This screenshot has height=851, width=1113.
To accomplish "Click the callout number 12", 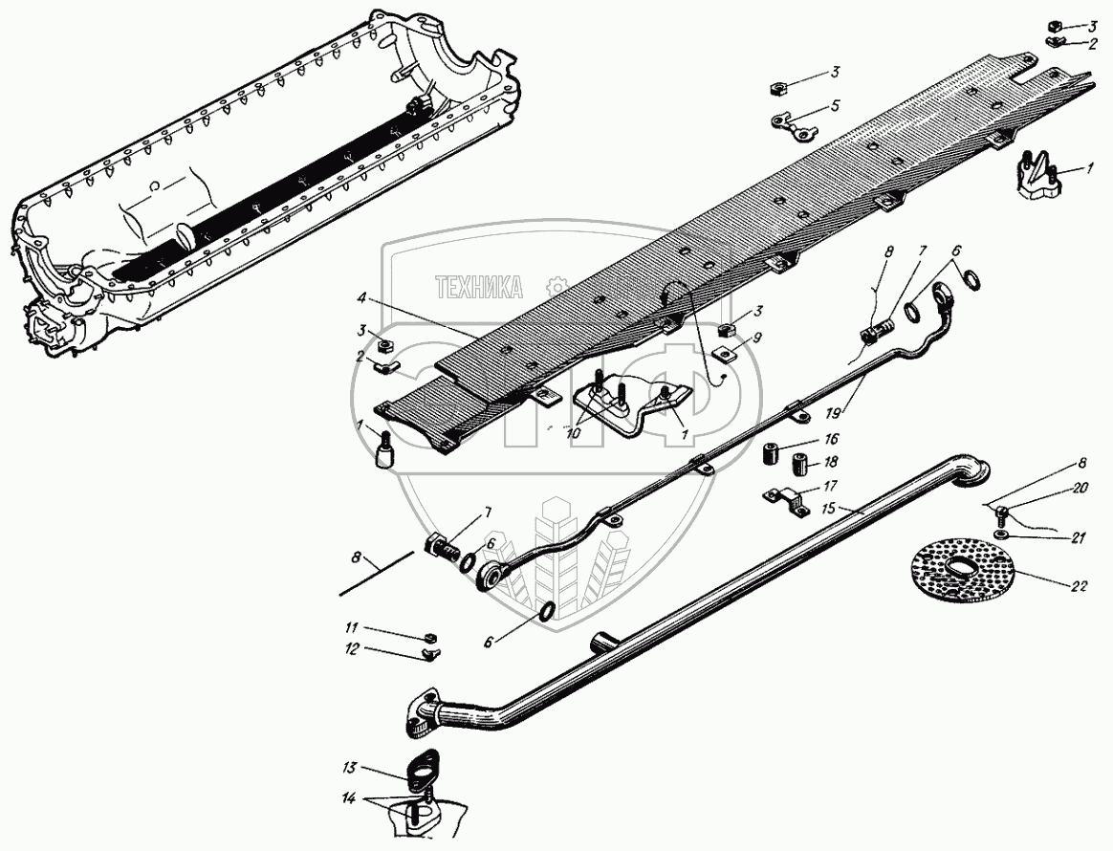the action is point(351,648).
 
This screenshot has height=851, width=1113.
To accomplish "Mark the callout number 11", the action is point(351,627).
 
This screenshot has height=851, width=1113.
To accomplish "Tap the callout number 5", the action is point(835,106).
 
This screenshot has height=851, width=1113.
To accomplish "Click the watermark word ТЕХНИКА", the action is point(479,286).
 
